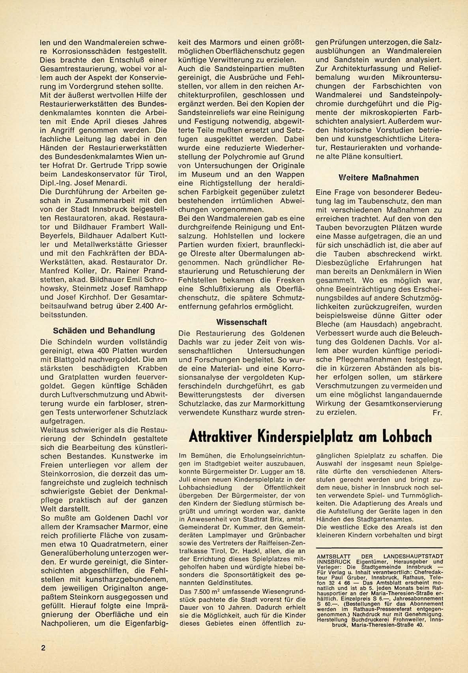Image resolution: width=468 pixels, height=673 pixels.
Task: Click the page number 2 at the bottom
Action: click(43, 648)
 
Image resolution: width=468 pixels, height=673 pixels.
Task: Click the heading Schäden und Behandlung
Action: click(104, 331)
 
